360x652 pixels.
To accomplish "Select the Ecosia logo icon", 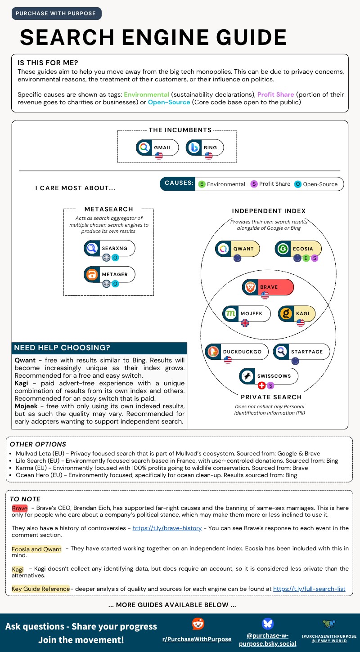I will click(x=283, y=249).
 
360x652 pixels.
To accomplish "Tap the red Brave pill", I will click(x=268, y=287).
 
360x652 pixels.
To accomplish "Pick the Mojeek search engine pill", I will click(x=247, y=313).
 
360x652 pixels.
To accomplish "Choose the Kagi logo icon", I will click(x=285, y=313).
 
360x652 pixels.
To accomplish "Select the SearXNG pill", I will click(x=109, y=248).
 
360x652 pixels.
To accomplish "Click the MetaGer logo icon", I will click(x=92, y=274).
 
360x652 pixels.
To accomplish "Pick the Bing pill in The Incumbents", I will click(x=205, y=147).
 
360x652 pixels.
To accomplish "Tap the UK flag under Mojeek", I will click(x=245, y=323).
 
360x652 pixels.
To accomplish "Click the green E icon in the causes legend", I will click(x=202, y=184).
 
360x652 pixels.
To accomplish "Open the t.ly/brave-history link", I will click(x=167, y=528).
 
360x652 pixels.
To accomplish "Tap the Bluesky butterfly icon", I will click(x=267, y=624).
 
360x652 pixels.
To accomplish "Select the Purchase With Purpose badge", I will click(x=56, y=13).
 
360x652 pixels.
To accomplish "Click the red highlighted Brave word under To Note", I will click(x=20, y=508).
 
